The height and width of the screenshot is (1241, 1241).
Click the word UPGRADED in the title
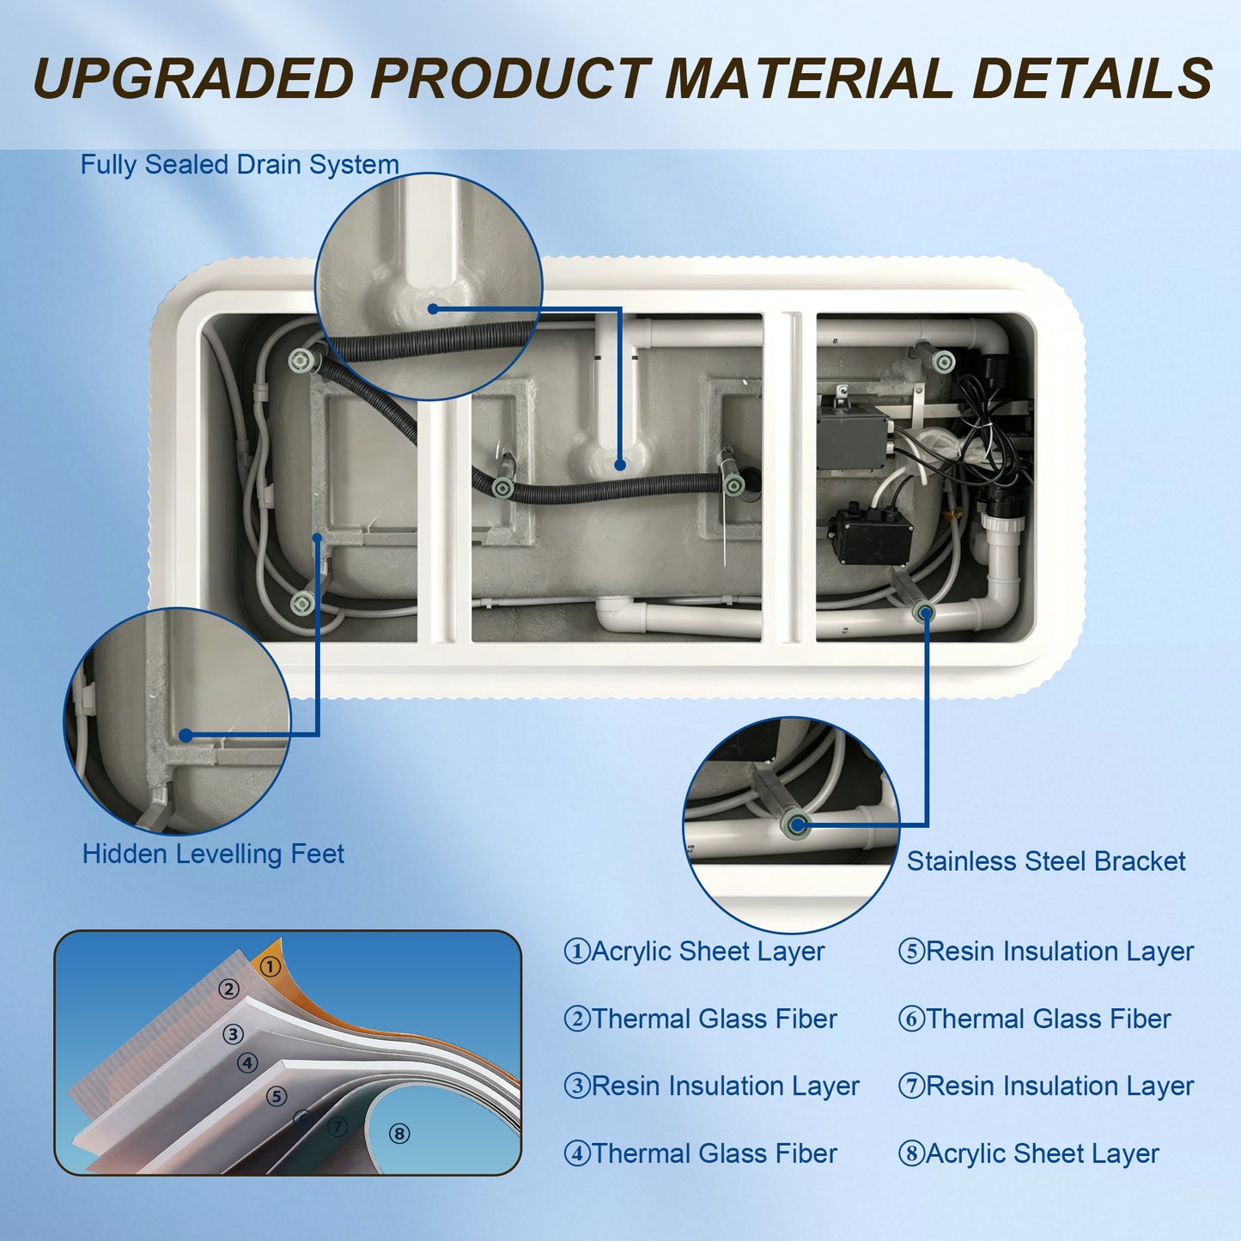[x=192, y=78]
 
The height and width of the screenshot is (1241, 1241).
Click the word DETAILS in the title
[x=1093, y=78]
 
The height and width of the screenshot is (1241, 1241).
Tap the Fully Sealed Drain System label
[x=240, y=165]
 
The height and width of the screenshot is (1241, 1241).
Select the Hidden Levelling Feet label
[x=213, y=854]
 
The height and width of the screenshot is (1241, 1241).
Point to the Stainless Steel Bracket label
[x=1046, y=861]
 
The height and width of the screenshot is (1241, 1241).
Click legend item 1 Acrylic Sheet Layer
[x=694, y=952]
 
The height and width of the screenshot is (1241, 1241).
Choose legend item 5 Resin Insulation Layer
[x=1046, y=952]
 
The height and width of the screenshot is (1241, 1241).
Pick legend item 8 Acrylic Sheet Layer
[x=1029, y=1153]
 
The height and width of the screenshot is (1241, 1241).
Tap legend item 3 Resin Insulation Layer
[x=712, y=1086]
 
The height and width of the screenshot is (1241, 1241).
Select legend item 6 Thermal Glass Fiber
[x=1034, y=1019]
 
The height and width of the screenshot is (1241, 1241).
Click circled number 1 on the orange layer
[x=271, y=967]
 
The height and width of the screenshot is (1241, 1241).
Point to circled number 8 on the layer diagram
[x=399, y=1134]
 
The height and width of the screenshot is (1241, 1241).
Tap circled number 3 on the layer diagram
[x=233, y=1034]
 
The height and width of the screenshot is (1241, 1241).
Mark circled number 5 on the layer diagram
[x=277, y=1096]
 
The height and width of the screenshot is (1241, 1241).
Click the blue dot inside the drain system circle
[x=433, y=309]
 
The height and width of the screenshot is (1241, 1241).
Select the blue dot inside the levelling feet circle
[x=186, y=735]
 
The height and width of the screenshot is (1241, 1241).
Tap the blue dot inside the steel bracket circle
[x=797, y=824]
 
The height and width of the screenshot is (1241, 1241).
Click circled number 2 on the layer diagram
[x=228, y=989]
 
